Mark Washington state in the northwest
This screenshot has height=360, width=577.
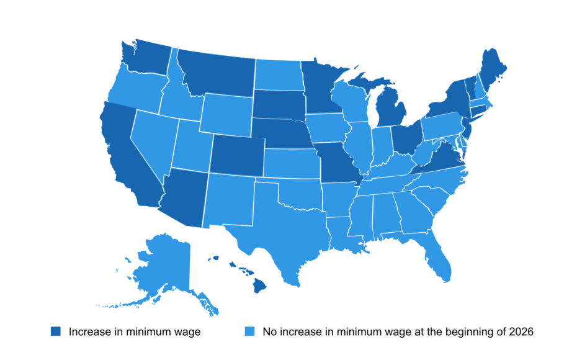[x=146, y=59]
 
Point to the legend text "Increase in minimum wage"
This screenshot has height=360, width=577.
[x=135, y=332]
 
